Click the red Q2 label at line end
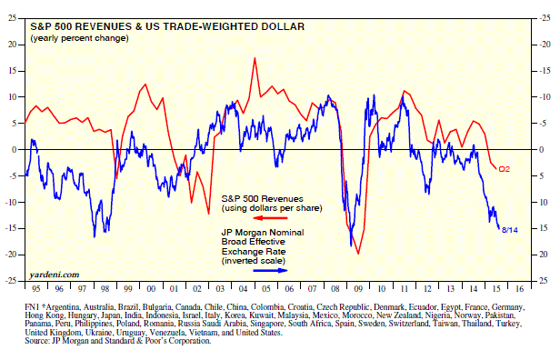pos(504,169)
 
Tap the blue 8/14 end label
pos(510,230)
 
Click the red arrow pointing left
pos(272,218)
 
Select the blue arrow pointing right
pos(270,270)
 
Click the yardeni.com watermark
pos(55,275)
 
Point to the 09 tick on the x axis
pos(358,288)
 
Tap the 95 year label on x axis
pos(36,288)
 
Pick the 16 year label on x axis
pos(520,288)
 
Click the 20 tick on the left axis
pos(13,45)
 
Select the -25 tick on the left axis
pos(11,281)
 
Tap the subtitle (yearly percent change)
pos(79,38)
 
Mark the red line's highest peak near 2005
pos(255,58)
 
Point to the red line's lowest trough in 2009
pos(358,254)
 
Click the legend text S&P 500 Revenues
pos(263,198)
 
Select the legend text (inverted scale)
pos(254,261)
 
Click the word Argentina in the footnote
pos(63,307)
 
